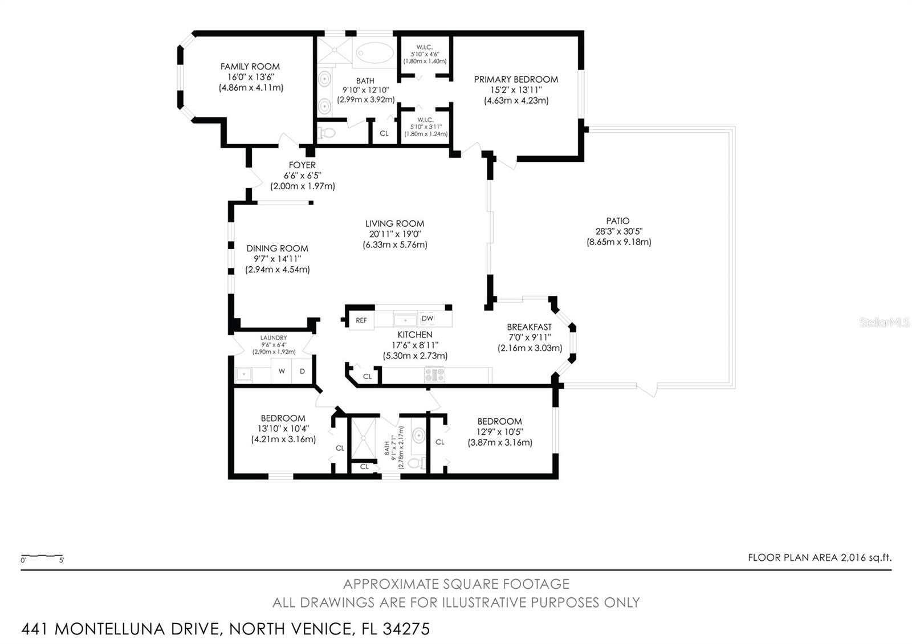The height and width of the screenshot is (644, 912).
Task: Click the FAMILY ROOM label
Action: point(250,67)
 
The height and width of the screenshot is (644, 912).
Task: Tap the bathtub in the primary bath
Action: point(374,54)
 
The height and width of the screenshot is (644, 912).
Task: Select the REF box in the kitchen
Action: point(361,320)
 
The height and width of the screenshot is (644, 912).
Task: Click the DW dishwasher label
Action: point(427,319)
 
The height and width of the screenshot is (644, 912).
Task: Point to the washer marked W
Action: point(282,372)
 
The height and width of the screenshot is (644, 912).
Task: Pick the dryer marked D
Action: point(302,372)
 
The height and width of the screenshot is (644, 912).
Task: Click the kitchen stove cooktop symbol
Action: point(434,374)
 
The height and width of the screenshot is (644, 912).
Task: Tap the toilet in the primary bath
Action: point(327,133)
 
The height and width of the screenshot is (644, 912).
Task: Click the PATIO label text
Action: point(618,221)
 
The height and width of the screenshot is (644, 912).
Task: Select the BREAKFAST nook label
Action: point(529,327)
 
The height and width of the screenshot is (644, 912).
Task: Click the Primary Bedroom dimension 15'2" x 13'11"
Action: point(516,90)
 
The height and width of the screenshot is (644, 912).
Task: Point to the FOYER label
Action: point(302,165)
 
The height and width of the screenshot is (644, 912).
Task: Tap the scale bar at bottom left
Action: point(42,556)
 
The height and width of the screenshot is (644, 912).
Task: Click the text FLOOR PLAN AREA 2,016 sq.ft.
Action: point(819,558)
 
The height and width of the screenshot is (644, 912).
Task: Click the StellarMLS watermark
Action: point(884,323)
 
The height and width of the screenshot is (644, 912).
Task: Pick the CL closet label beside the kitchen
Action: point(368,377)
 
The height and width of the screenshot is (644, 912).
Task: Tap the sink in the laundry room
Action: point(245,374)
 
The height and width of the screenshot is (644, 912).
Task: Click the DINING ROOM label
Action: point(277,248)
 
